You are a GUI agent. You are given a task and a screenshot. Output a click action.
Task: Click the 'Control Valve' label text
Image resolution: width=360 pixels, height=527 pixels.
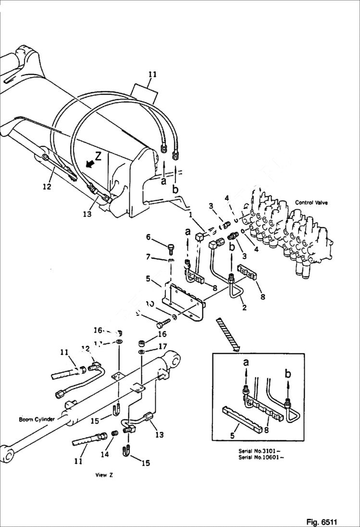point(311,203)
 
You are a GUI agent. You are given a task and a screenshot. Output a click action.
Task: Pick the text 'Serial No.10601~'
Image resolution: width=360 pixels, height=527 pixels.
point(261,457)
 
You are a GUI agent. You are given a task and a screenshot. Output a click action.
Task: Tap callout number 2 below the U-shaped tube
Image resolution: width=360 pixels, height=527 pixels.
point(244,307)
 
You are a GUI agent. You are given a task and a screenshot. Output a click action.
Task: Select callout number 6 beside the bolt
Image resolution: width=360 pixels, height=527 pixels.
point(149,237)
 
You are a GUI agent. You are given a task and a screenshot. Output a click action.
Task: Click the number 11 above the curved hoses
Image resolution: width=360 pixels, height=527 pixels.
point(152,74)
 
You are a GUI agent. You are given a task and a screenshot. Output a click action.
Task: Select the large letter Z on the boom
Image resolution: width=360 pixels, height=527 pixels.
point(98,156)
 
